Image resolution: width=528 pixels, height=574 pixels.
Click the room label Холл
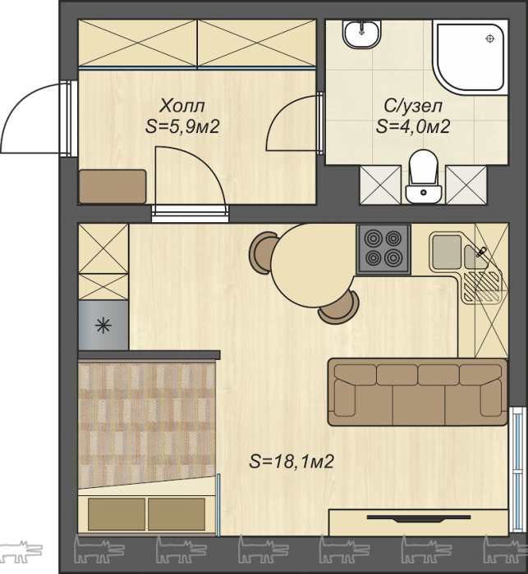coord(182,106)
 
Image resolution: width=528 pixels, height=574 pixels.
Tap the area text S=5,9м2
coord(182,126)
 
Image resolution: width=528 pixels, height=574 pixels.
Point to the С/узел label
coord(413,106)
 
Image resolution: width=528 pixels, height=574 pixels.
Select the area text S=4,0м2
coord(413,126)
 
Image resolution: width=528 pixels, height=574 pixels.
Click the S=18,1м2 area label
coord(292,461)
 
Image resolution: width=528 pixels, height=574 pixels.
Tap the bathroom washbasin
coord(362,34)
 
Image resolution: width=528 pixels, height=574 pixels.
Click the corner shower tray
coord(470,55)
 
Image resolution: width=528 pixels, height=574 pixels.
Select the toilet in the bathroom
coord(424,176)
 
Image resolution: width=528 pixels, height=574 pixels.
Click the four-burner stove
coord(383,249)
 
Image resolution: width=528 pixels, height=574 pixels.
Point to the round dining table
coord(312,266)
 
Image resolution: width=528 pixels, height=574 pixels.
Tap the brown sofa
coord(417,392)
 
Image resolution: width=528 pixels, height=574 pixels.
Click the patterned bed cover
coord(147,424)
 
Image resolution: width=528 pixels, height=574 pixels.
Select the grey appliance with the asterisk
coord(103,326)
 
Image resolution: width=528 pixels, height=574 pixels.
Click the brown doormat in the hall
coord(112,186)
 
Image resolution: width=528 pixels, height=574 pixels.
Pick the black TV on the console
coord(418,518)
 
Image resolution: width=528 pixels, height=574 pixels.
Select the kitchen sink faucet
coord(480,252)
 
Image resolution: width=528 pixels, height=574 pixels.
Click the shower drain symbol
coord(489,39)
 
